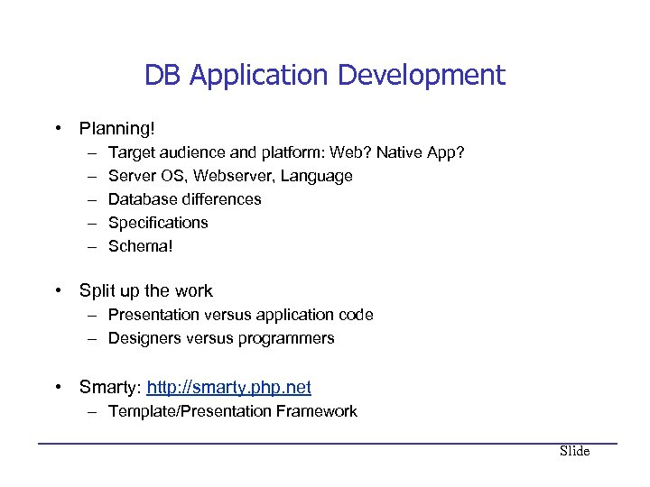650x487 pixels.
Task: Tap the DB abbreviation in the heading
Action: pyautogui.click(x=163, y=75)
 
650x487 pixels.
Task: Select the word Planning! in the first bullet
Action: pyautogui.click(x=116, y=129)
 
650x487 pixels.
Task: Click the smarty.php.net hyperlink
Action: pyautogui.click(x=228, y=388)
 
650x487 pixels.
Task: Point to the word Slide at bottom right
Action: pyautogui.click(x=574, y=451)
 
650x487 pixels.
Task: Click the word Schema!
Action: pyautogui.click(x=139, y=246)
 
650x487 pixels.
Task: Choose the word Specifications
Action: pyautogui.click(x=158, y=223)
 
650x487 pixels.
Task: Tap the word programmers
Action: pyautogui.click(x=287, y=338)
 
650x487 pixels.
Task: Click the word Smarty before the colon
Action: pyautogui.click(x=107, y=388)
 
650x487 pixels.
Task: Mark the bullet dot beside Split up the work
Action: pyautogui.click(x=58, y=290)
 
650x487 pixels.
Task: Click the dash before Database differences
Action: pyautogui.click(x=94, y=199)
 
